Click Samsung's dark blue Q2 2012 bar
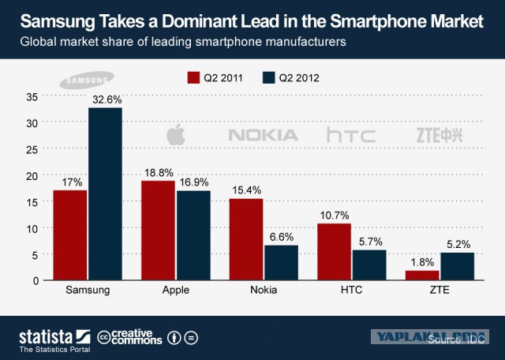105,193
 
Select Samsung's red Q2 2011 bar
70,235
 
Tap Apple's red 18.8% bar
158,230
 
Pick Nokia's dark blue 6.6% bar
281,263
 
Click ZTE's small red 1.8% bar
422,276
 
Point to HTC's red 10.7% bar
334,252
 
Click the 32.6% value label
107,99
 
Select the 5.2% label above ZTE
458,244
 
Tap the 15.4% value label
247,190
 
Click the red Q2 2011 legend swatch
193,77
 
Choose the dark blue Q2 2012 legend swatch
268,77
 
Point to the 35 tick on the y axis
32,97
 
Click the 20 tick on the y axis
32,176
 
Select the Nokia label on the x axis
264,290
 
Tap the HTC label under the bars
351,290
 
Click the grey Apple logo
176,134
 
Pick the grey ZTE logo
440,135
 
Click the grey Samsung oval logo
87,80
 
